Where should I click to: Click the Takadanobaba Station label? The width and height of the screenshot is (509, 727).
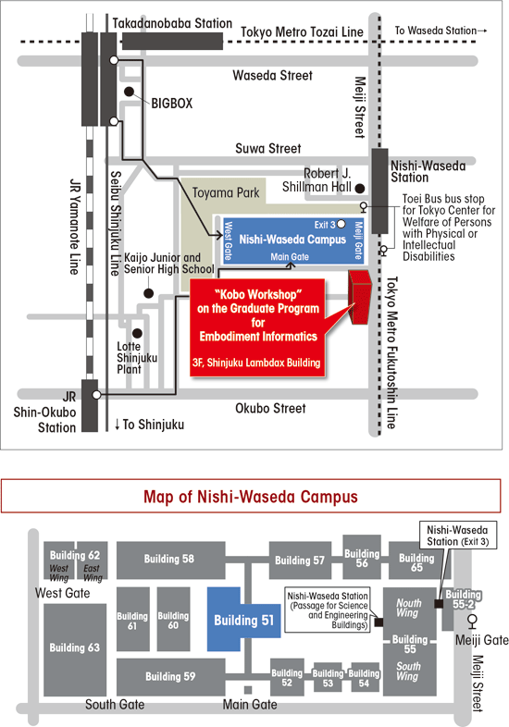pos(172,23)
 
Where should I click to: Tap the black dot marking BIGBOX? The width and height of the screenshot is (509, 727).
pos(129,92)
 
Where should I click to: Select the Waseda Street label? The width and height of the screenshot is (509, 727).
pos(272,75)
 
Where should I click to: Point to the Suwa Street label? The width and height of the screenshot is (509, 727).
pos(268,148)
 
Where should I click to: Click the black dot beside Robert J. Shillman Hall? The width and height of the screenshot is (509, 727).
pos(360,189)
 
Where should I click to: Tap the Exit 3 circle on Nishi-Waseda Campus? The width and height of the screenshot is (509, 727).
pos(341,225)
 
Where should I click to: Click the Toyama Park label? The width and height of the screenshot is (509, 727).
pos(226,193)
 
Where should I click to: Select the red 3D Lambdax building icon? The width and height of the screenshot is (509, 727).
pos(360,297)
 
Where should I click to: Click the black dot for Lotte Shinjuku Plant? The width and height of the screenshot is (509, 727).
pos(137,333)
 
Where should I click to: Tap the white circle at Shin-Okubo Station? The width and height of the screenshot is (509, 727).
pos(96,395)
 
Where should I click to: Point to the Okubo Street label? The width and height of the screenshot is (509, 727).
pos(270,409)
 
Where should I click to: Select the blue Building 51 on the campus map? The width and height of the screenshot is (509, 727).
pos(243,620)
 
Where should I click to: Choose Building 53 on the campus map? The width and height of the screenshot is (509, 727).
pos(328,677)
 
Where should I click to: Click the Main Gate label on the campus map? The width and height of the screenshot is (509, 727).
pos(250,705)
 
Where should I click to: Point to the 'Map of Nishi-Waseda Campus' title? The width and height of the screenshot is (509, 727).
pos(251,497)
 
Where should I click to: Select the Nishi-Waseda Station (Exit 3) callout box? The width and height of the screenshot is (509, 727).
pos(457,536)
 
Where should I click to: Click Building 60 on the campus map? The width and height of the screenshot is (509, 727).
pos(173,620)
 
